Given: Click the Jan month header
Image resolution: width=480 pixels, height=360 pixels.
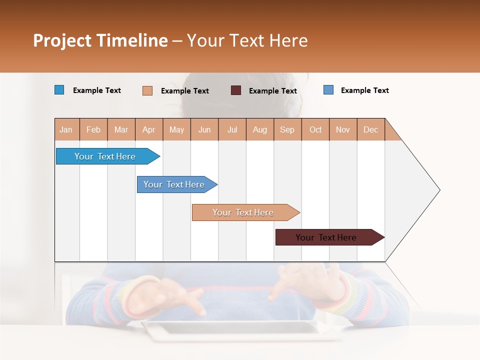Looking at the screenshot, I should (x=66, y=129).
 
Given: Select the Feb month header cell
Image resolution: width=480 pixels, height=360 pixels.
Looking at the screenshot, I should (x=93, y=129).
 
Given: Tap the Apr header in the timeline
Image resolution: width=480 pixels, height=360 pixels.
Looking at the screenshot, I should (x=148, y=129).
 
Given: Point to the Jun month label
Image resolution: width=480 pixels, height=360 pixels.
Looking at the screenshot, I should (x=204, y=129).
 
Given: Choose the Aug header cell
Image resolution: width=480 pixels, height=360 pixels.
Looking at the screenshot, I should (x=259, y=129).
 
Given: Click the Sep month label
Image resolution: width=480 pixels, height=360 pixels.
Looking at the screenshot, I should (x=287, y=129).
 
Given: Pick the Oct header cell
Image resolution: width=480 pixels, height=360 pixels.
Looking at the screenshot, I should (x=315, y=129).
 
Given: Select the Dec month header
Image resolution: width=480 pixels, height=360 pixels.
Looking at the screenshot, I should (x=370, y=129).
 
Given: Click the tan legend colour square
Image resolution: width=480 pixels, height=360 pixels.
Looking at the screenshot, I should (x=147, y=90).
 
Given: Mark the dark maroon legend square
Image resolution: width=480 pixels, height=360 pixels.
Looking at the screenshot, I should (x=236, y=90).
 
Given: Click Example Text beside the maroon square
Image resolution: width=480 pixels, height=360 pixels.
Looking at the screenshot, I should (x=273, y=91).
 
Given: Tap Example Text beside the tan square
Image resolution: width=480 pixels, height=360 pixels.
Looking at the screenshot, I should (x=185, y=91).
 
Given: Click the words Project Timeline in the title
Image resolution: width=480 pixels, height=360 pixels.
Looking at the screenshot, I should (x=100, y=40).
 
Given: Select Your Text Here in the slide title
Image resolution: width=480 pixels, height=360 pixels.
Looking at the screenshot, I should (x=247, y=40).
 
